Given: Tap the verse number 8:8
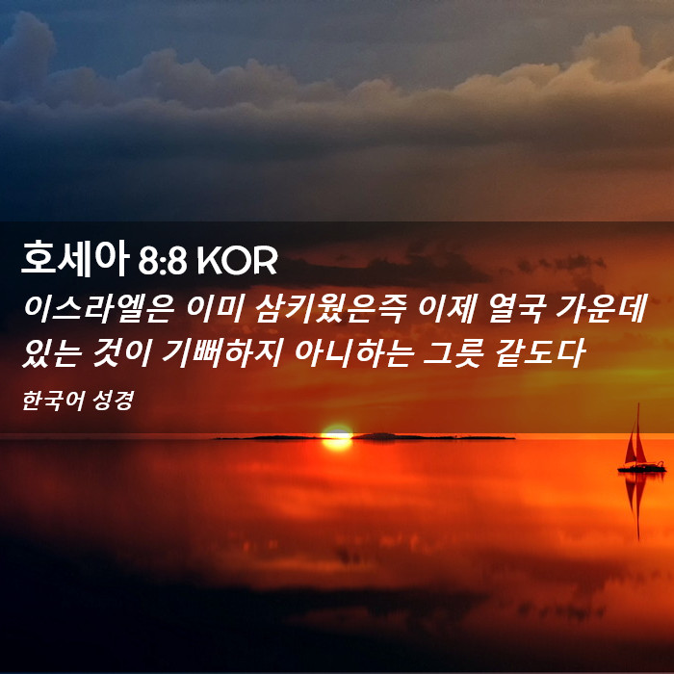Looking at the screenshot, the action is click(163, 261).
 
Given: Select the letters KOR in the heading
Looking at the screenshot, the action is click(237, 261).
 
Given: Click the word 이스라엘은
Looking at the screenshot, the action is click(99, 309).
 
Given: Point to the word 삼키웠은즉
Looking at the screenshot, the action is click(329, 309).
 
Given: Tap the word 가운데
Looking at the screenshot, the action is click(601, 309).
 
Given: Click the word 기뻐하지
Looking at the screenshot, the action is click(221, 353).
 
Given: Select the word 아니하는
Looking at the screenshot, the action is click(354, 353).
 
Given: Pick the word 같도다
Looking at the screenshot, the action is click(540, 353).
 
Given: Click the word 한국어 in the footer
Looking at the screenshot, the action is click(47, 401).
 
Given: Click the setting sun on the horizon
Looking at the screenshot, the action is click(337, 437).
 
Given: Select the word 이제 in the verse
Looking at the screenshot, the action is click(447, 309).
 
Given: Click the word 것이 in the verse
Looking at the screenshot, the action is click(121, 353).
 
